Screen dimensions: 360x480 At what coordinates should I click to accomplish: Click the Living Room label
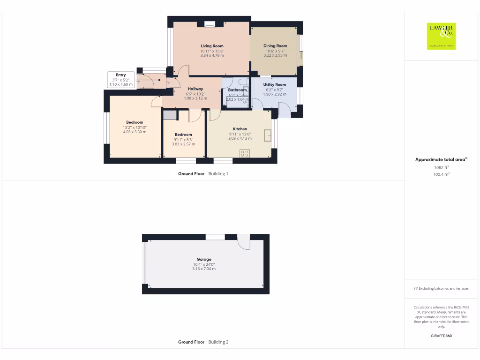point(212,46)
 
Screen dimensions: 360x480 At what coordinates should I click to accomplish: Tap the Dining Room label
point(275,46)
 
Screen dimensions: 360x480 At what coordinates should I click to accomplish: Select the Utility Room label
point(274,84)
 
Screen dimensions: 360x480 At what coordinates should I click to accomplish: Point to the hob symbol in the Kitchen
point(245,153)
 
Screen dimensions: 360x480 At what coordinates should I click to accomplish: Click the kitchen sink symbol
point(268,135)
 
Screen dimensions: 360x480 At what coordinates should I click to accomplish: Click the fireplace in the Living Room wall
point(210,23)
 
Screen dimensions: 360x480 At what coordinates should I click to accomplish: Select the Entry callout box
point(121,80)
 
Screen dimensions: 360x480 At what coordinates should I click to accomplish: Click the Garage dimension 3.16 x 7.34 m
point(204,269)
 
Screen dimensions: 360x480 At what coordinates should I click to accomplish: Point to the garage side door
point(243,242)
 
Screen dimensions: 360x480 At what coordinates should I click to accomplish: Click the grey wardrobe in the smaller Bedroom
point(170,116)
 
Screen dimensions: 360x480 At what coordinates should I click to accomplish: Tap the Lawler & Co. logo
point(441,36)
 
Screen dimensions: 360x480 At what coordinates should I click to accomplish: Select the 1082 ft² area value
point(441,167)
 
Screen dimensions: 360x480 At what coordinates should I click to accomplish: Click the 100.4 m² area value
point(441,174)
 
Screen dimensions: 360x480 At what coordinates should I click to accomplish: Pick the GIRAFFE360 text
point(441,336)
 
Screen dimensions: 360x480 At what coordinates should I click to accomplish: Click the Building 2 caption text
point(218,342)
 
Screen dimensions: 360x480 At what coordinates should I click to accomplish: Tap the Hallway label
point(195,89)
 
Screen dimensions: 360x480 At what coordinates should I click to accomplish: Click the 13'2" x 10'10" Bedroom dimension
point(135,127)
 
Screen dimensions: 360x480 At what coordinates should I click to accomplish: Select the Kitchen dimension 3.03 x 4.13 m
point(240,138)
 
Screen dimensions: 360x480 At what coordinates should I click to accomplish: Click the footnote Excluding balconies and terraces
point(441,288)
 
